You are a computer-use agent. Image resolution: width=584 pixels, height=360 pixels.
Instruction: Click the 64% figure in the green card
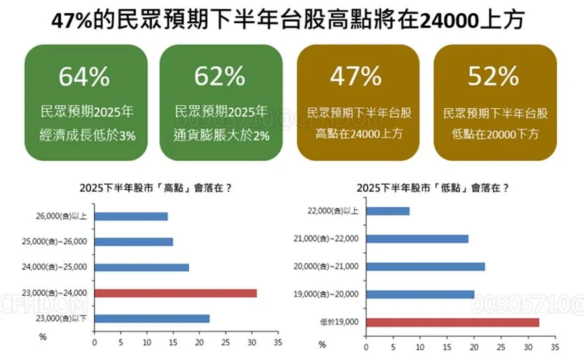[x=84, y=77]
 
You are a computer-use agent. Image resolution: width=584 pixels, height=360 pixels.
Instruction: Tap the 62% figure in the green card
[x=220, y=77]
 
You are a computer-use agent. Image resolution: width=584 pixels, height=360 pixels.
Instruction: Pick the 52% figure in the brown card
[x=493, y=77]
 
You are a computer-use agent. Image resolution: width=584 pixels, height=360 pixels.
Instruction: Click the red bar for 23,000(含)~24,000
[x=175, y=293]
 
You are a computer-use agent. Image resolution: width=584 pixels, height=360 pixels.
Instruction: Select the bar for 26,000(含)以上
[x=131, y=216]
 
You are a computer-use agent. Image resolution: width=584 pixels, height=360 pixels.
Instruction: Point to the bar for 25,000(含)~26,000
[x=134, y=242]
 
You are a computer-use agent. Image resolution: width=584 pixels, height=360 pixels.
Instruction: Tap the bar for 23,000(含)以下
[x=151, y=318]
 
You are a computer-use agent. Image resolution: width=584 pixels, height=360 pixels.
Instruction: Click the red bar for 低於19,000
[x=452, y=322]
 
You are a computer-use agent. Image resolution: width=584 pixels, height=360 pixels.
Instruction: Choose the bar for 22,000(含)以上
[x=388, y=211]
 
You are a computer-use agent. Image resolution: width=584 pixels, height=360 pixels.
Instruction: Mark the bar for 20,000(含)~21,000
[x=425, y=267]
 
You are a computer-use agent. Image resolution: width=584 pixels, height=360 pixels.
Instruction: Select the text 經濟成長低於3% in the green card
[x=88, y=135]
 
